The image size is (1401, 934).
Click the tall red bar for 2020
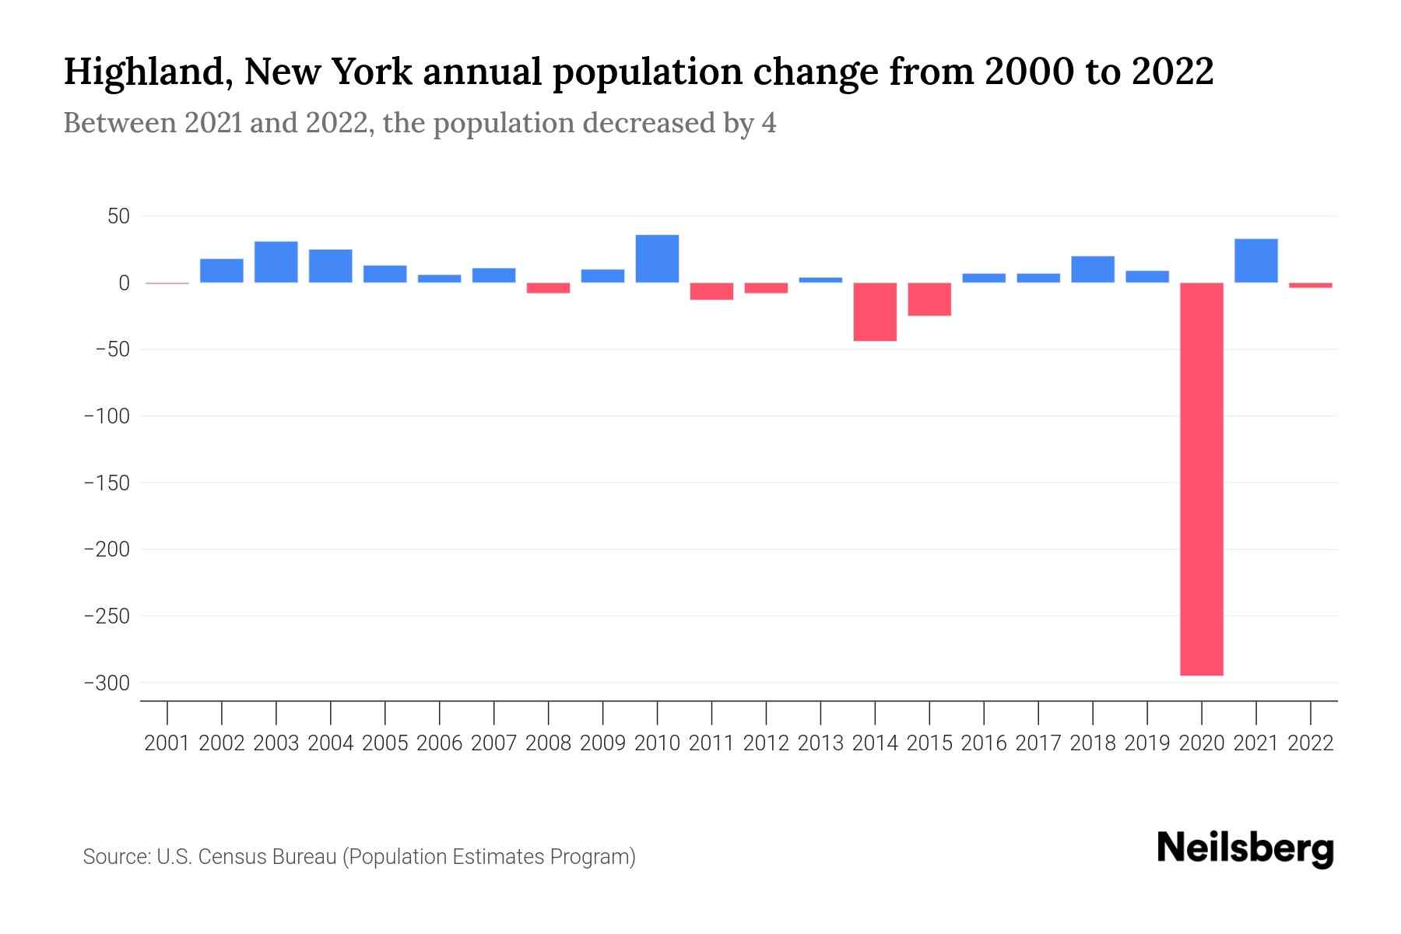tap(1202, 479)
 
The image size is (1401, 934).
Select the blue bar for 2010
tap(657, 258)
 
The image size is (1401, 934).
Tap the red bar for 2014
tap(875, 311)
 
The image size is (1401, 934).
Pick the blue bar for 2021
tap(1255, 261)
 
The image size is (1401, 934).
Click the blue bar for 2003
tap(276, 262)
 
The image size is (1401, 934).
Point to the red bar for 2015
tap(929, 299)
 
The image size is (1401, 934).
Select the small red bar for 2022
tap(1311, 286)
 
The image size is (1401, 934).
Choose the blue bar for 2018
tap(1093, 269)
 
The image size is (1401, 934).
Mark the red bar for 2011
tap(711, 291)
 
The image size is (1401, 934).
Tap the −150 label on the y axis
tap(107, 483)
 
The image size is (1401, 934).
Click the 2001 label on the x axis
tap(167, 743)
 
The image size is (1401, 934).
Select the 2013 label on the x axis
tap(820, 743)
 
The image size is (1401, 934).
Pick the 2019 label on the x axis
tap(1147, 743)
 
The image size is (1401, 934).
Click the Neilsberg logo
tap(1245, 848)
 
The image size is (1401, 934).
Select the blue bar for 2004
tap(331, 266)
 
